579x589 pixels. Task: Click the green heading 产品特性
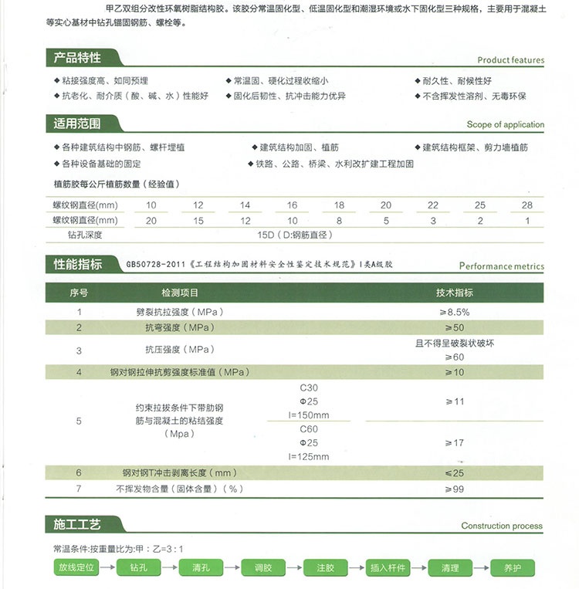(x=77, y=58)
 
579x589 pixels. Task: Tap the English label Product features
(x=510, y=60)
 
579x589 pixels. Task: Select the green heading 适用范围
(x=77, y=124)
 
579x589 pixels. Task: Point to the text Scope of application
(x=505, y=124)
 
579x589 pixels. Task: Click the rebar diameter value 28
(x=527, y=205)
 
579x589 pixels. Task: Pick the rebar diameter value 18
(x=339, y=205)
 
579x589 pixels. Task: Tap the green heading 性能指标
(x=77, y=265)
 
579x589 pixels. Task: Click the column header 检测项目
(x=180, y=293)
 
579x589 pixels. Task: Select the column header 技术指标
(x=455, y=293)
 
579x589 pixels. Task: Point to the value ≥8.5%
(x=455, y=312)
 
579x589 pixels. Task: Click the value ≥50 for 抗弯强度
(x=455, y=328)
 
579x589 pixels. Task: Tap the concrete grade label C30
(x=308, y=388)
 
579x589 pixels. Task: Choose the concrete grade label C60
(x=308, y=429)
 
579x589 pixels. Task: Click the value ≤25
(x=455, y=472)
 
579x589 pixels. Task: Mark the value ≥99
(x=455, y=489)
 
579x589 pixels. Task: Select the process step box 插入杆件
(x=388, y=568)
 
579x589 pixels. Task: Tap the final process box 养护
(x=513, y=568)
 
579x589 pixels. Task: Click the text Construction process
(x=502, y=526)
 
